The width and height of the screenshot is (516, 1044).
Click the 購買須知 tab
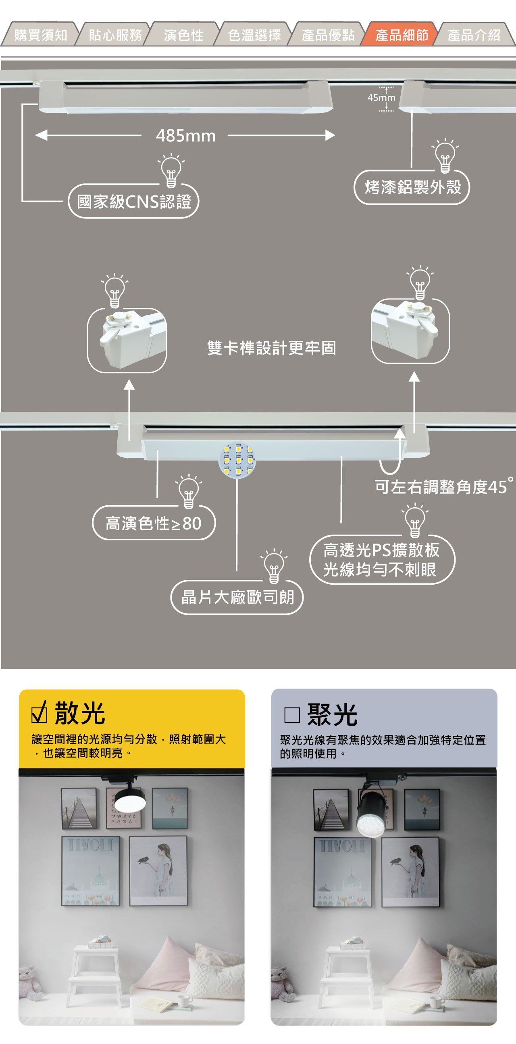point(41,35)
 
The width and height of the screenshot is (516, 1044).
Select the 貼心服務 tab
point(115,35)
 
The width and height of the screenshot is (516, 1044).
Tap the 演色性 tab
point(183,35)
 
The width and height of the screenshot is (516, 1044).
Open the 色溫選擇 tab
point(254,35)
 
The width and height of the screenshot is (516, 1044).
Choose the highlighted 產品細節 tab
point(401,35)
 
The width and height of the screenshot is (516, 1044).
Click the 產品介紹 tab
point(474,35)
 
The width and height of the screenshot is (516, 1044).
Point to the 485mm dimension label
point(186,136)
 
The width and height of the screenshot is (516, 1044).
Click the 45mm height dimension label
point(381,98)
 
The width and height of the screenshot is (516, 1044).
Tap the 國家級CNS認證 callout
point(134,201)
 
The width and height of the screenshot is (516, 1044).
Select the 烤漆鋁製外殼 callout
point(412,187)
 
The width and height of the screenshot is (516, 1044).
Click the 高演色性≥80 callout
point(154,523)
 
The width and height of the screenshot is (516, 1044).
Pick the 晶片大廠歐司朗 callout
point(237,598)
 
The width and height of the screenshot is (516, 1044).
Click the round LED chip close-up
point(237,460)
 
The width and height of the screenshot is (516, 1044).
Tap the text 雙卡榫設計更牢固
point(271,348)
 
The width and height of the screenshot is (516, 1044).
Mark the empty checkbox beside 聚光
point(292,715)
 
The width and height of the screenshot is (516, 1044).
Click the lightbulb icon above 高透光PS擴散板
point(415,520)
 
